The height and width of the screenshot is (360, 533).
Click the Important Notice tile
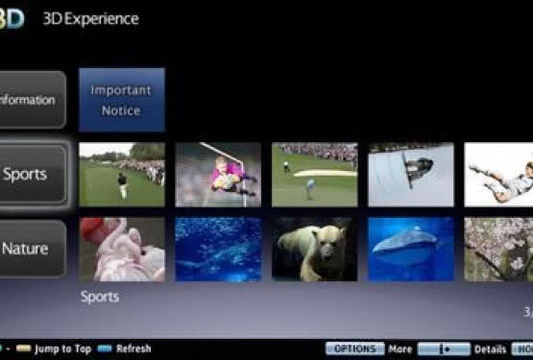click(121, 100)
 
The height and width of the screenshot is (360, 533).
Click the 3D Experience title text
click(90, 18)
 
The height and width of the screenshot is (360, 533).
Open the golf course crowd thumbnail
click(121, 175)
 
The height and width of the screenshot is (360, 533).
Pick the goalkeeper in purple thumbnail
click(217, 175)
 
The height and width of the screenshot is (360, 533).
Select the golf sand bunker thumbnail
click(314, 175)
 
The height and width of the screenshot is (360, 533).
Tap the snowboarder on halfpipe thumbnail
click(411, 175)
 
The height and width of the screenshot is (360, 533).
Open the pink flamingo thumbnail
click(121, 249)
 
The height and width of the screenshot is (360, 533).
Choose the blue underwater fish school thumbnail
click(217, 249)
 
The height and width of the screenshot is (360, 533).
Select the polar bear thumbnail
click(314, 249)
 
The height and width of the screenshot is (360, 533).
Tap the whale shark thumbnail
click(411, 249)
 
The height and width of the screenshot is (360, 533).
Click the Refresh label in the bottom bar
click(133, 349)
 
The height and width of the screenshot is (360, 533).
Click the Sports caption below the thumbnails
click(100, 297)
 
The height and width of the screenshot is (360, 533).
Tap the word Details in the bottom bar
click(490, 349)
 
